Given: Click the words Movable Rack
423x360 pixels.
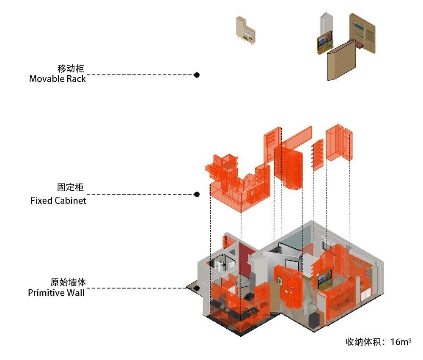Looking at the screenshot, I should (x=58, y=79).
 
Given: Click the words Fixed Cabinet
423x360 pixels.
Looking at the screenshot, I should (x=58, y=201).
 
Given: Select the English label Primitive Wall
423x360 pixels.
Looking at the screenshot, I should (x=56, y=293).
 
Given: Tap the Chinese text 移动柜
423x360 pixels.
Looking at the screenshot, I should (x=71, y=69).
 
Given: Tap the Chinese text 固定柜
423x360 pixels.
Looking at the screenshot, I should (x=71, y=187).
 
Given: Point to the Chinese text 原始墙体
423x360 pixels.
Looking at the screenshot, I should (x=68, y=282).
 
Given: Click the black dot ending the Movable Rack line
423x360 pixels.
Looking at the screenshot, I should (x=197, y=75).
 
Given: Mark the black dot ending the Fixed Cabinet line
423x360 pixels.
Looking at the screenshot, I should (x=197, y=195).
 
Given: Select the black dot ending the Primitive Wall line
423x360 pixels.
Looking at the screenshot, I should (x=197, y=289).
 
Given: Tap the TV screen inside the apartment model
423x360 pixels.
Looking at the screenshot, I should (x=324, y=279).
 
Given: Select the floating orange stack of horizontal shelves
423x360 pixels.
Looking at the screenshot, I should (x=318, y=154).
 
